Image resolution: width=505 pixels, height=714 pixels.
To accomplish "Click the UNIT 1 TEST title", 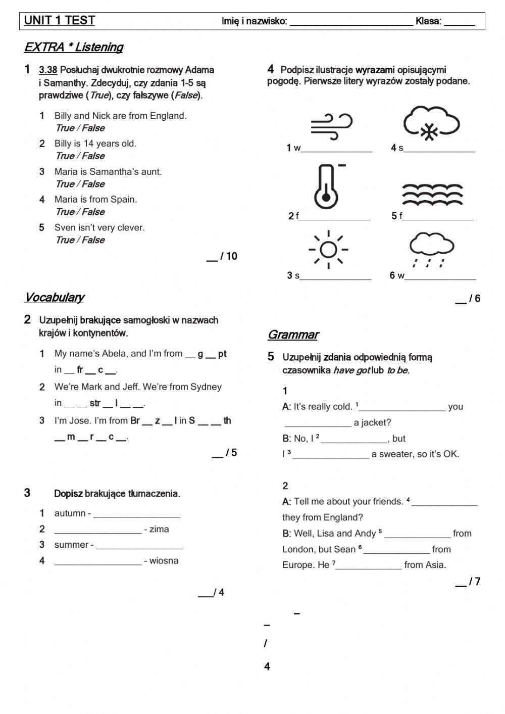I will [x=60, y=21].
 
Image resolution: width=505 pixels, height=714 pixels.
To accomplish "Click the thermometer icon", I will [x=327, y=186].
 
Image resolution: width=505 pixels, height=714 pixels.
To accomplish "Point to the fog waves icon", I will [x=432, y=193].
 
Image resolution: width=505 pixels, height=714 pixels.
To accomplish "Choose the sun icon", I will [x=328, y=250].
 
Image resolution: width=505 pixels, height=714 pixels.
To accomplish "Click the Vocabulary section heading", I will [x=54, y=298].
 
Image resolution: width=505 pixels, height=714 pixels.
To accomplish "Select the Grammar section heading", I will [x=293, y=335].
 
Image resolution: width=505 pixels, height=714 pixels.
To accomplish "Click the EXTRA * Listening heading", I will [x=74, y=47].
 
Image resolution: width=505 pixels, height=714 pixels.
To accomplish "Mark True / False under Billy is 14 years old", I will [x=80, y=156].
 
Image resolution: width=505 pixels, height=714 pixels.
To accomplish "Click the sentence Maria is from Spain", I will [x=95, y=200].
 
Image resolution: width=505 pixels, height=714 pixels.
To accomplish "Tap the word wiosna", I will [x=164, y=561].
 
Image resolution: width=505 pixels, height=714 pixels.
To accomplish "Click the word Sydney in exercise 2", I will [x=206, y=387].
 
